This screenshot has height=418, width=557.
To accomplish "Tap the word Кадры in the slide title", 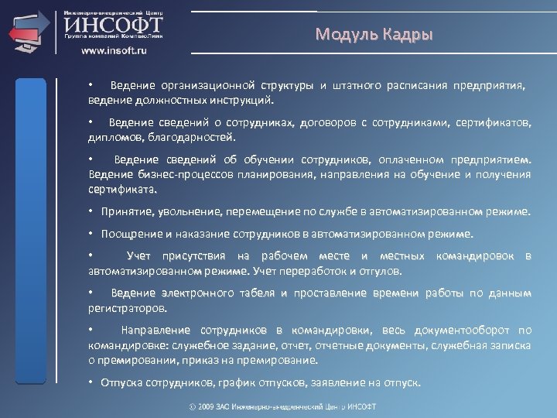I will pos(406,36).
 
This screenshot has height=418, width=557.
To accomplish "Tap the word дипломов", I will pos(113,137).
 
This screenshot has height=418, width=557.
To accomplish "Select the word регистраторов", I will pos(126,307).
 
